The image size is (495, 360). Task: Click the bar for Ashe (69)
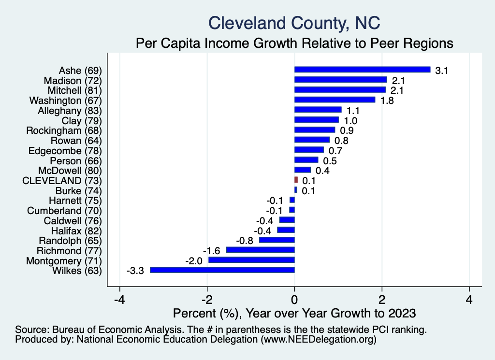click(362, 70)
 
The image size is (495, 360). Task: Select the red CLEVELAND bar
click(296, 180)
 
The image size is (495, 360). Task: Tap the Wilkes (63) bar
click(222, 270)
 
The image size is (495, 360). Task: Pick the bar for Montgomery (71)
click(251, 260)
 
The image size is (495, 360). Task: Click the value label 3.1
click(442, 71)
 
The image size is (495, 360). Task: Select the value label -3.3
click(135, 271)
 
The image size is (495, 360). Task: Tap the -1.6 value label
click(212, 251)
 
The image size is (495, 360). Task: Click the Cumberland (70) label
click(65, 210)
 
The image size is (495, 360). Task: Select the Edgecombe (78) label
click(65, 150)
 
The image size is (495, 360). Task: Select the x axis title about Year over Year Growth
click(294, 313)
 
